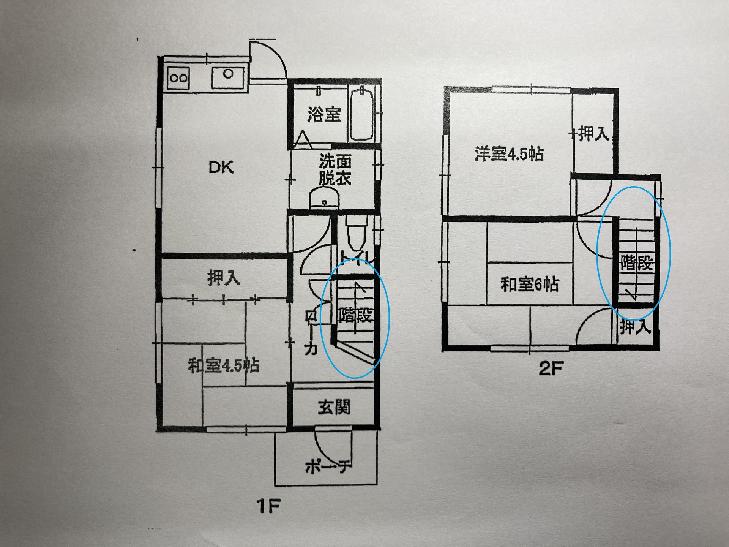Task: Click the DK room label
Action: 221,167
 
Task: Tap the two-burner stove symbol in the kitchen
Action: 178,78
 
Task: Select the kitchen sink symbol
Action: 228,78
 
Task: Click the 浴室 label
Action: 324,114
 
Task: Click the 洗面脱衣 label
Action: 335,170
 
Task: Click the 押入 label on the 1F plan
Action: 224,278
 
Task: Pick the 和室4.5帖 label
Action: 224,366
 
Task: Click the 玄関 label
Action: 334,408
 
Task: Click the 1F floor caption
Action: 268,506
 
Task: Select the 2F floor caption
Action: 551,368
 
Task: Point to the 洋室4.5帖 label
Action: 509,154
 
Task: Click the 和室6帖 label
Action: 529,285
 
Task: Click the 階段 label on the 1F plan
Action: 356,315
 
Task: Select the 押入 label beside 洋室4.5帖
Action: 593,134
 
